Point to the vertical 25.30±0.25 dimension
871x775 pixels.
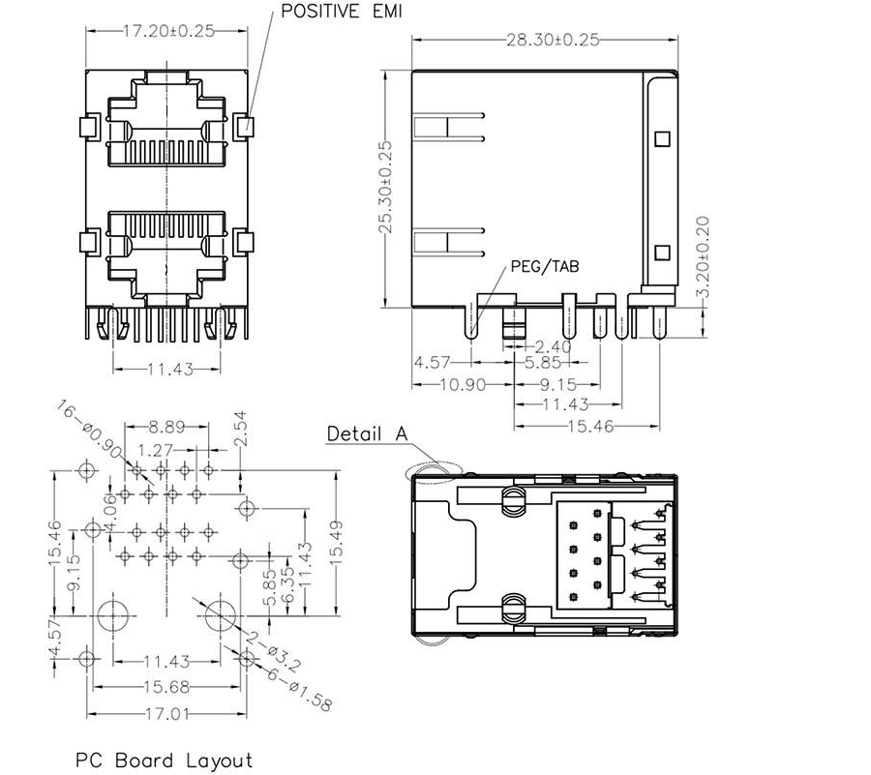385,186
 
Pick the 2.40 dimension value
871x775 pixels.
552,345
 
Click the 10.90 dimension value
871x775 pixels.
435,384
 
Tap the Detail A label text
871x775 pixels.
366,433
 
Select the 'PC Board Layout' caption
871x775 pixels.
165,760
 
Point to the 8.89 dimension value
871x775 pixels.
167,426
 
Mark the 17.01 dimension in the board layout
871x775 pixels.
165,715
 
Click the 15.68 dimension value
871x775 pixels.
165,688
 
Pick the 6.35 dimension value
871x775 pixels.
285,587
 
